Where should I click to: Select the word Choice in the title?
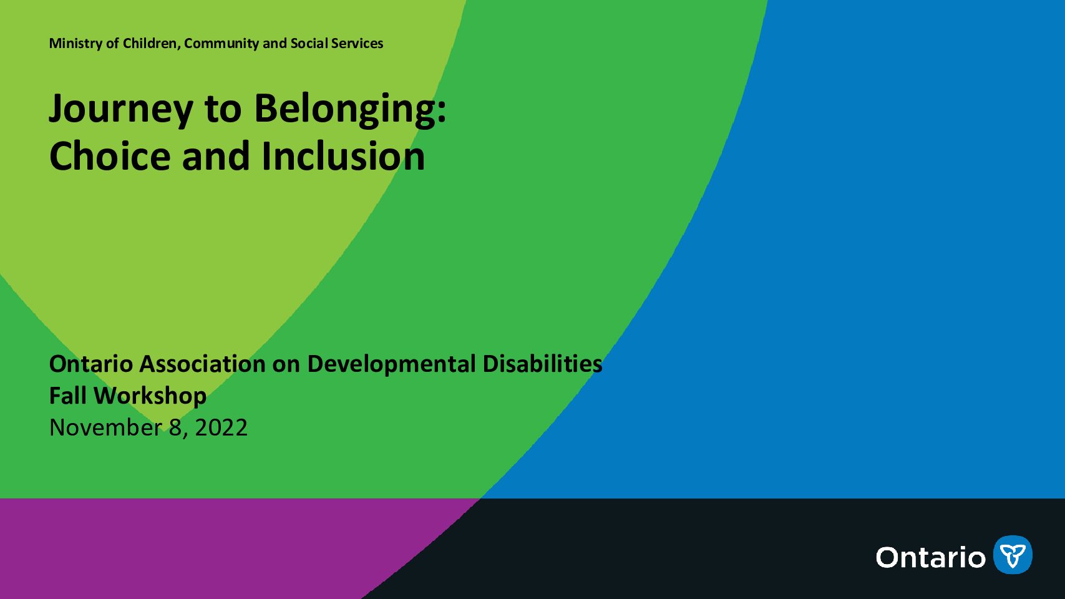(110, 156)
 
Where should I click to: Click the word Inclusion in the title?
(343, 156)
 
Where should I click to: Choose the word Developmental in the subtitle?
(391, 365)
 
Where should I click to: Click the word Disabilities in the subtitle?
(543, 364)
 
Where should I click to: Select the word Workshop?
(150, 396)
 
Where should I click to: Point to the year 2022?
(221, 427)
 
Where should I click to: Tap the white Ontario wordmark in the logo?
(931, 557)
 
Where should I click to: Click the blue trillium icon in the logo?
(1013, 555)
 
